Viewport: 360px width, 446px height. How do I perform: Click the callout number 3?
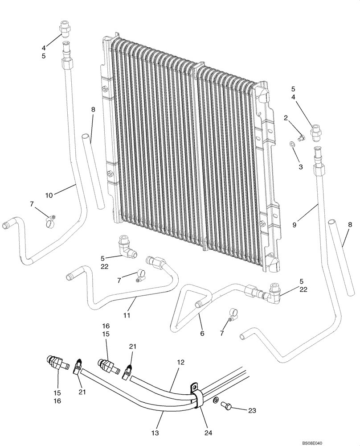301,166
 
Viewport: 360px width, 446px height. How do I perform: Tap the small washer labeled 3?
291,144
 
